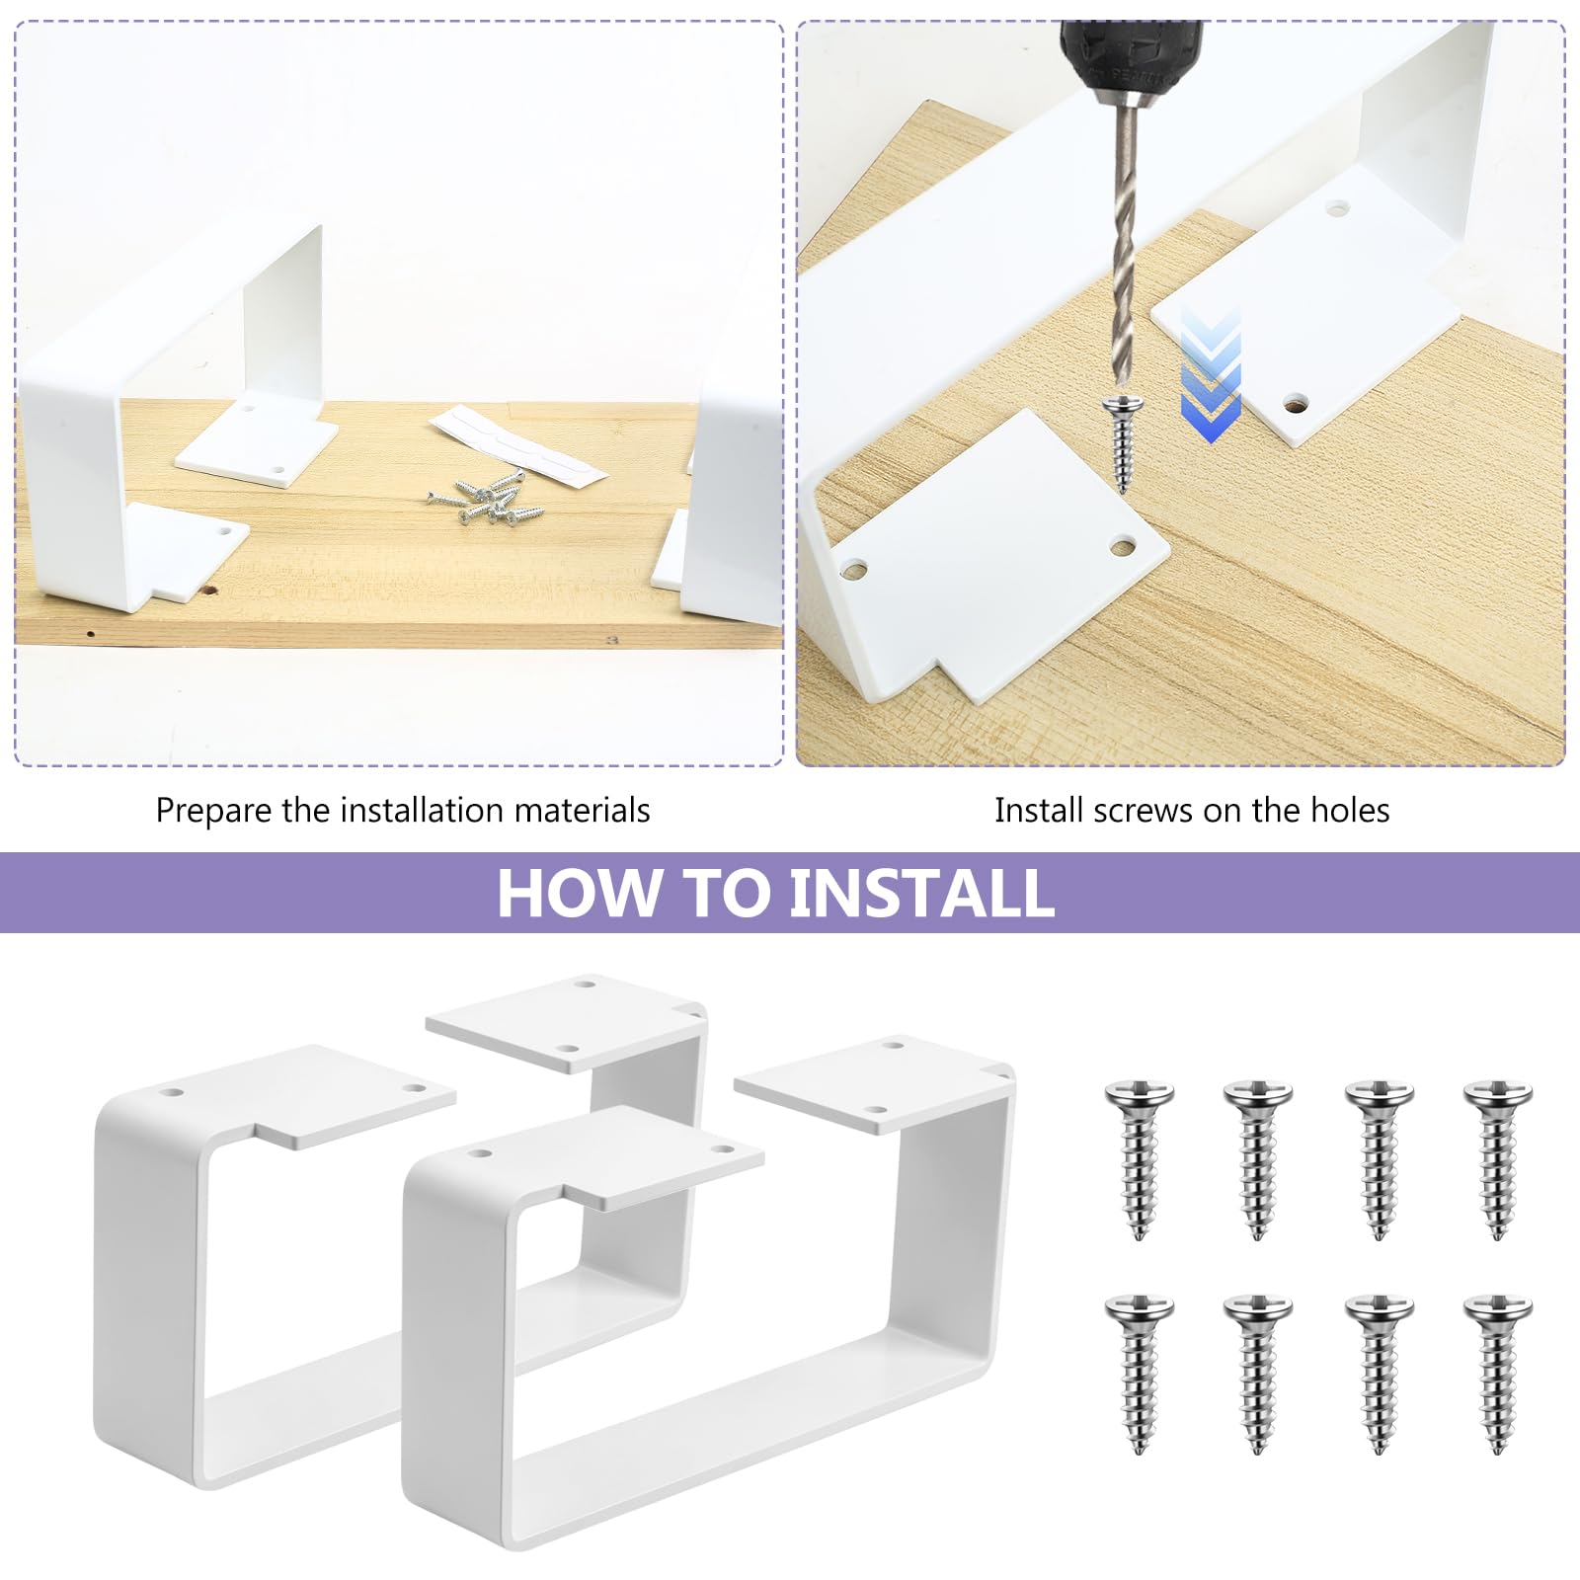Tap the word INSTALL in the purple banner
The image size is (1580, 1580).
921,893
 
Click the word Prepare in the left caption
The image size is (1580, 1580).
213,812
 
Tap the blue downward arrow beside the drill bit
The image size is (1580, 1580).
1211,373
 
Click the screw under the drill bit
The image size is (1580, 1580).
1123,440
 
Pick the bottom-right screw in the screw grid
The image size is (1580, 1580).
1497,1374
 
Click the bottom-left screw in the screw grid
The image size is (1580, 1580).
1139,1374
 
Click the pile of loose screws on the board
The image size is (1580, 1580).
487,498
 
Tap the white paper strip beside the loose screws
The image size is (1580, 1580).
517,443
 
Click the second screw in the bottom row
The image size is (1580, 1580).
1257,1374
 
